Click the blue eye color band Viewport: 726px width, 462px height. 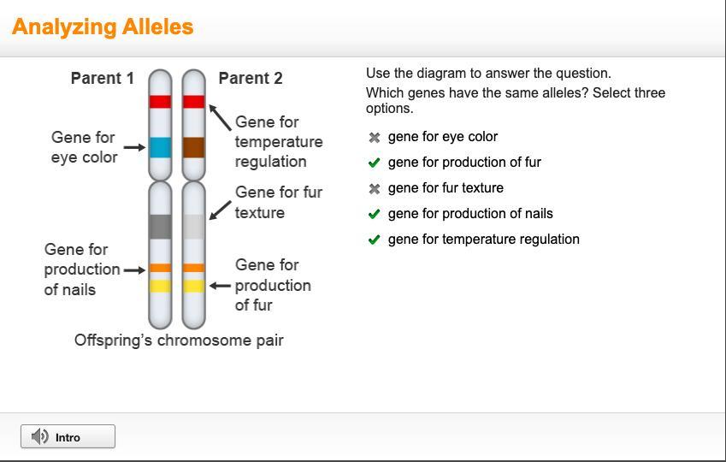[160, 147]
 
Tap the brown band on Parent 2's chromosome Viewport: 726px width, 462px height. [193, 147]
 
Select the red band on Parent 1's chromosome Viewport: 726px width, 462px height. [160, 102]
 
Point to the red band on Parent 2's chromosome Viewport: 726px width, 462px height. [193, 102]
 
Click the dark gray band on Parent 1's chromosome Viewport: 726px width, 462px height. [160, 227]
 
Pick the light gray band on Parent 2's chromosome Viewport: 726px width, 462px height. [193, 227]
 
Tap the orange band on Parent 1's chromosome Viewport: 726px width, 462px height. [160, 268]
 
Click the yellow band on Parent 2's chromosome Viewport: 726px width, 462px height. [193, 286]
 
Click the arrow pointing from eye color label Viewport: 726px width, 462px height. [134, 147]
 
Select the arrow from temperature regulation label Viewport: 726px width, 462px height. [220, 117]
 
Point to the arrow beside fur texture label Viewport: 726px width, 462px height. [220, 210]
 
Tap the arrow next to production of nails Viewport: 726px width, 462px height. [134, 270]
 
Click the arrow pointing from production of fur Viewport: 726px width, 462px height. [220, 286]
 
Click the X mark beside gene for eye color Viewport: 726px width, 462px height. [374, 137]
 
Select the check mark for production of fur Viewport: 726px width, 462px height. [374, 163]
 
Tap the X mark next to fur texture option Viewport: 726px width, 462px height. [374, 188]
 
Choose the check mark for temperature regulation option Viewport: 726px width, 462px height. [374, 240]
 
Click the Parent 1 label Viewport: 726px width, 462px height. [103, 79]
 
